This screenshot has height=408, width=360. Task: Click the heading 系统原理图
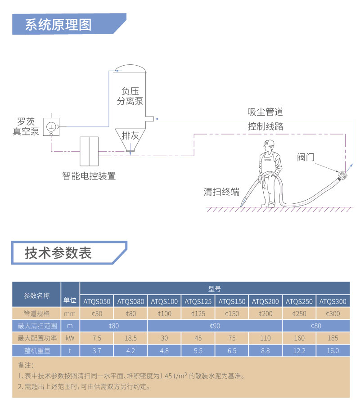pyautogui.click(x=58, y=24)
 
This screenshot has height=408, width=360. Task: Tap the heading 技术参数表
pyautogui.click(x=58, y=253)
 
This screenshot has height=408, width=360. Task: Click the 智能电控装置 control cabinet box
pyautogui.click(x=89, y=152)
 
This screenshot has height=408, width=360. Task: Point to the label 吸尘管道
pyautogui.click(x=265, y=112)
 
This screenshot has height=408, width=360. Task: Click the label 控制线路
pyautogui.click(x=265, y=126)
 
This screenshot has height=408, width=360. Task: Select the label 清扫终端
pyautogui.click(x=221, y=192)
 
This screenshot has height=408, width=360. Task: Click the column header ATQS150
pyautogui.click(x=232, y=301)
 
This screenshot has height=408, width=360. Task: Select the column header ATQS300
pyautogui.click(x=333, y=301)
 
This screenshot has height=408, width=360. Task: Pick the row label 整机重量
pyautogui.click(x=36, y=351)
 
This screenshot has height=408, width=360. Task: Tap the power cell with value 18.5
pyautogui.click(x=130, y=338)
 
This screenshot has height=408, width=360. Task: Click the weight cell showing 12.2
pyautogui.click(x=299, y=351)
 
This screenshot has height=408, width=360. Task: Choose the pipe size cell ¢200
pyautogui.click(x=265, y=314)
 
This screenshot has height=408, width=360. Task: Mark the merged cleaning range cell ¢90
pyautogui.click(x=215, y=326)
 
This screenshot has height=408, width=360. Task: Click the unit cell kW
pyautogui.click(x=70, y=338)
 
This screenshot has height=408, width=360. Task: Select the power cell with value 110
pyautogui.click(x=265, y=338)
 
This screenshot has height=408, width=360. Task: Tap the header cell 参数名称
pyautogui.click(x=36, y=295)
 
